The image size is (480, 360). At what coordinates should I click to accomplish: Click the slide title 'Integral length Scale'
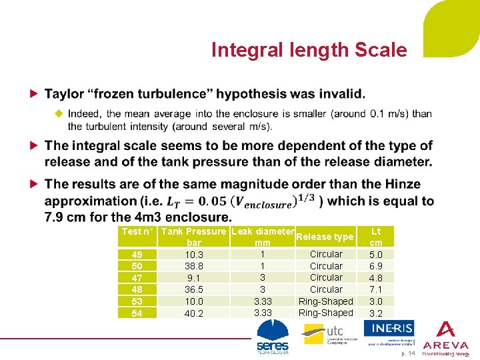click(309, 50)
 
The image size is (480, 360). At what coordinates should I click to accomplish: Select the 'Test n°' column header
click(137, 231)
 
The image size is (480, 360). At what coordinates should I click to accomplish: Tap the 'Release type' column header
click(325, 237)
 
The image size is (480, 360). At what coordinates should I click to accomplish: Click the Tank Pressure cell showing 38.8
click(194, 266)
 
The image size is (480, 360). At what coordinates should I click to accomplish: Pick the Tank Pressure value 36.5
click(194, 290)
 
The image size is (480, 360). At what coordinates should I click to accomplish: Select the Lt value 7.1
click(376, 290)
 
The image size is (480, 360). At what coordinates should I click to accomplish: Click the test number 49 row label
click(137, 255)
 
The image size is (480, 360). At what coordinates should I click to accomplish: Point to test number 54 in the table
click(137, 313)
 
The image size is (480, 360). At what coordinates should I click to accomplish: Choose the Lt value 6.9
click(376, 266)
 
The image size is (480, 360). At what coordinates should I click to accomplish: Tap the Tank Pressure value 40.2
click(194, 313)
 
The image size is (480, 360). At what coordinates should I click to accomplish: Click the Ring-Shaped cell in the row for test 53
click(326, 301)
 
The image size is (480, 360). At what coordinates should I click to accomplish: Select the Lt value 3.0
click(376, 301)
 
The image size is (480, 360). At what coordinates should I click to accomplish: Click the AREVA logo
click(445, 339)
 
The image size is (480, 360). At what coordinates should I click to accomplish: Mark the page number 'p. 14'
click(408, 353)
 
